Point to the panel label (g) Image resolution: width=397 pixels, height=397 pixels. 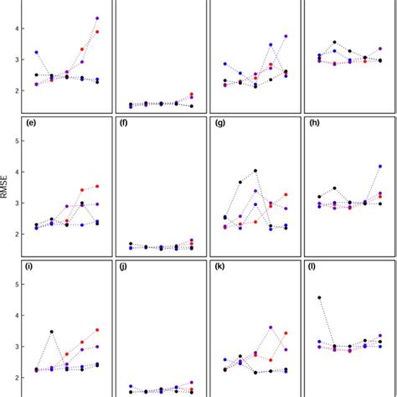[x=220, y=124]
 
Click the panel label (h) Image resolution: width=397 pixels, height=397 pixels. [x=315, y=124]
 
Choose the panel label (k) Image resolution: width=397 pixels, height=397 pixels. [x=220, y=267]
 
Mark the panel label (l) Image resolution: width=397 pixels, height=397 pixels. [x=314, y=267]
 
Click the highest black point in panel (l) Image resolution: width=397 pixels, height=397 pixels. [x=319, y=297]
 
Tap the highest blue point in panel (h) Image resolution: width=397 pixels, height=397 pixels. [x=380, y=166]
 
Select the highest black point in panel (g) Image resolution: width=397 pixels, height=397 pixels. [x=255, y=171]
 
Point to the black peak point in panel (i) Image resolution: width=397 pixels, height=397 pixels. [x=52, y=333]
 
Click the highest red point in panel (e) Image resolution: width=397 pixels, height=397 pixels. [x=97, y=186]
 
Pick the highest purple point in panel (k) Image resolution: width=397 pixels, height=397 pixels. [x=271, y=327]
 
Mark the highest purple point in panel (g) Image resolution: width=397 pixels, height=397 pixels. [x=255, y=191]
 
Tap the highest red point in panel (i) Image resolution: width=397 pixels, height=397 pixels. [x=97, y=330]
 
